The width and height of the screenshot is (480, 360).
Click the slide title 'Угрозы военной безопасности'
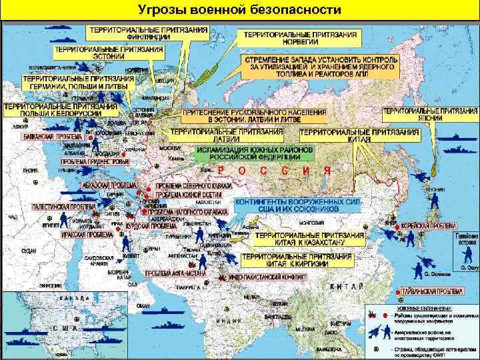(239, 11)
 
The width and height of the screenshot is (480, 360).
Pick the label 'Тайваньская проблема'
(433, 292)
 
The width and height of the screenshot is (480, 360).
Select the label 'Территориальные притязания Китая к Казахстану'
(310, 239)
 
